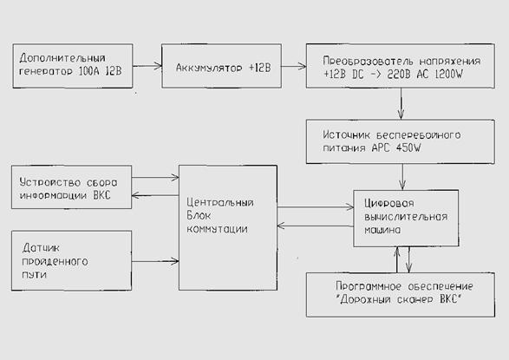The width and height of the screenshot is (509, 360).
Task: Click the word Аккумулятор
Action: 209,68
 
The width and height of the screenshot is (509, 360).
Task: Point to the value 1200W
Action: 448,75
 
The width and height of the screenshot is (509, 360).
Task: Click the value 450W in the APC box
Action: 408,148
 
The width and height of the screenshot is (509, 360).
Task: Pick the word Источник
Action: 346,134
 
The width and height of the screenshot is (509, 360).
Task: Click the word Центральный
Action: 220,203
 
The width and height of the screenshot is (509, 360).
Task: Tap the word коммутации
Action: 217,229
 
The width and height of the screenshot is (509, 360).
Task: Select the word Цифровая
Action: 389,204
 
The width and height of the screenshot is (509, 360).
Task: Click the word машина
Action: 382,230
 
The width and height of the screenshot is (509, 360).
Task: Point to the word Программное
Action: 369,286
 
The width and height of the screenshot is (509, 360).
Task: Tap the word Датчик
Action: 41,248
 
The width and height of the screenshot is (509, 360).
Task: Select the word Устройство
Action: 50,182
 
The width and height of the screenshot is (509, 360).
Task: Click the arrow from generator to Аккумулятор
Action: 147,66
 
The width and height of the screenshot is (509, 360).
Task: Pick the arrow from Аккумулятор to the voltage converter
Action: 293,66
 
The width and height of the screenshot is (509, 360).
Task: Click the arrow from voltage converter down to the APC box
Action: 401,103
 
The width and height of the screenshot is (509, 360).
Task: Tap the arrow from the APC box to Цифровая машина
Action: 402,177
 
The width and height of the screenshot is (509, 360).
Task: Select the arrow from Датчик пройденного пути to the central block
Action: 155,260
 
